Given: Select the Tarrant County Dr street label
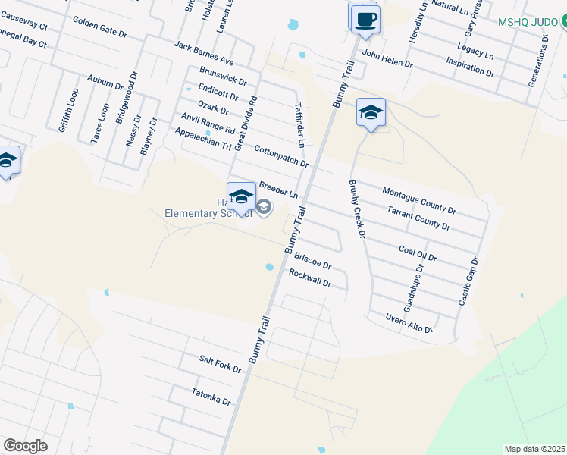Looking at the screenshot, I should pos(418,218).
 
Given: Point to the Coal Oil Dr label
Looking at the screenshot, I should pos(418,253).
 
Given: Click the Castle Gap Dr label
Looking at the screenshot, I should pos(468,281).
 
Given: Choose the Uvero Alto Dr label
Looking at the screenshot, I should pos(409,323).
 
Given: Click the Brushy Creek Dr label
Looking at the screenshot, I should pos(356,209).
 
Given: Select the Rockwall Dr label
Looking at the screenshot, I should pos(310,278).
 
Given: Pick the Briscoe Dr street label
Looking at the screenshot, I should pos(312,261).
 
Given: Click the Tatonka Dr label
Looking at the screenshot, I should pos(211,396).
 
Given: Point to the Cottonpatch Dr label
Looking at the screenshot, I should pos(281,156).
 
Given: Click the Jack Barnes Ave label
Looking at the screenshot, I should pos(204,53).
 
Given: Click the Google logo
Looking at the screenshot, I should pos(25,446).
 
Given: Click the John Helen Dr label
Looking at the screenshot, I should pos(387,59).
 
